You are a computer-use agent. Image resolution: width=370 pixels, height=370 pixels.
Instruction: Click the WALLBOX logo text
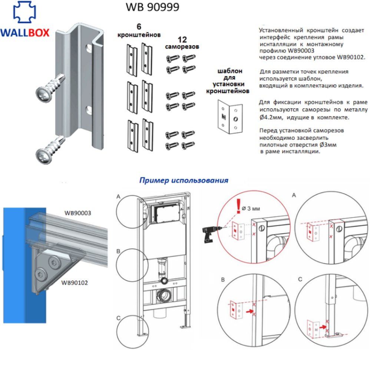pos(24,32)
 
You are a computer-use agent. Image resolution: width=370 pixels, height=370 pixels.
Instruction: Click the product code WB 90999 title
pos(153,7)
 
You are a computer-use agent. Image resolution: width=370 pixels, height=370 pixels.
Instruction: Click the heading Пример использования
pos(184,181)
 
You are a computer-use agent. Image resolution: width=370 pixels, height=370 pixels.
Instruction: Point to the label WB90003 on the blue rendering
pos(78,213)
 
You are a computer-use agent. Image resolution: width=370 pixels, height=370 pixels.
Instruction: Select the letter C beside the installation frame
pos(118,318)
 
